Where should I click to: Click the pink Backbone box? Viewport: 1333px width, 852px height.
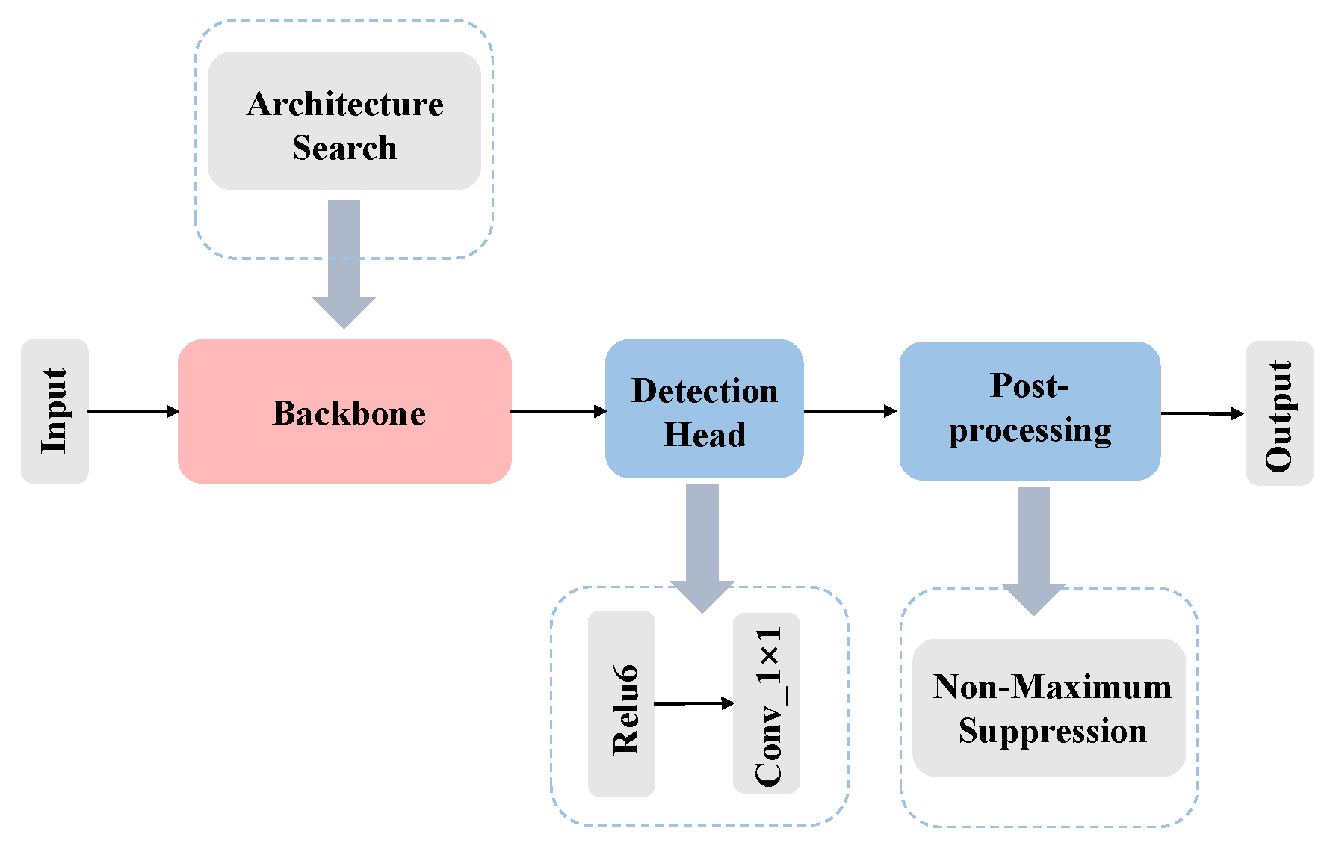pyautogui.click(x=344, y=411)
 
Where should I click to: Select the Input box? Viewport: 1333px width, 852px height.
pyautogui.click(x=55, y=411)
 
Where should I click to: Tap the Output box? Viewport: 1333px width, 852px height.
pyautogui.click(x=1279, y=413)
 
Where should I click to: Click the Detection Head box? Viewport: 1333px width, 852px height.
pyautogui.click(x=704, y=409)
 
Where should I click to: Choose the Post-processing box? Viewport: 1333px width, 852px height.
pyautogui.click(x=1030, y=411)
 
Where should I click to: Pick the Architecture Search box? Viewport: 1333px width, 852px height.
pyautogui.click(x=344, y=120)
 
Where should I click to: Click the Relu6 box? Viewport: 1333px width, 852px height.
pyautogui.click(x=622, y=703)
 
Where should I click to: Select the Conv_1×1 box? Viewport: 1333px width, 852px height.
pyautogui.click(x=767, y=703)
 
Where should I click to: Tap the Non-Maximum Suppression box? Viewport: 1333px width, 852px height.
pyautogui.click(x=1049, y=707)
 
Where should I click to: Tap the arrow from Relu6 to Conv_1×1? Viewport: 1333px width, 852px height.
pyautogui.click(x=693, y=703)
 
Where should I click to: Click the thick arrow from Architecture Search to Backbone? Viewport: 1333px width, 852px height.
pyautogui.click(x=344, y=262)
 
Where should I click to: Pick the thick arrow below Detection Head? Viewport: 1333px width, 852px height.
pyautogui.click(x=702, y=546)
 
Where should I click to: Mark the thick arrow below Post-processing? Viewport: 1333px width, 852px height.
pyautogui.click(x=1033, y=549)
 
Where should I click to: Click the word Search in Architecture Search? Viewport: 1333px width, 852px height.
pyautogui.click(x=344, y=147)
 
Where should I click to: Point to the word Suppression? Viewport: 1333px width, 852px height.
pyautogui.click(x=1052, y=730)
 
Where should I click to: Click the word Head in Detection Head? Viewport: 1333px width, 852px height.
pyautogui.click(x=705, y=434)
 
